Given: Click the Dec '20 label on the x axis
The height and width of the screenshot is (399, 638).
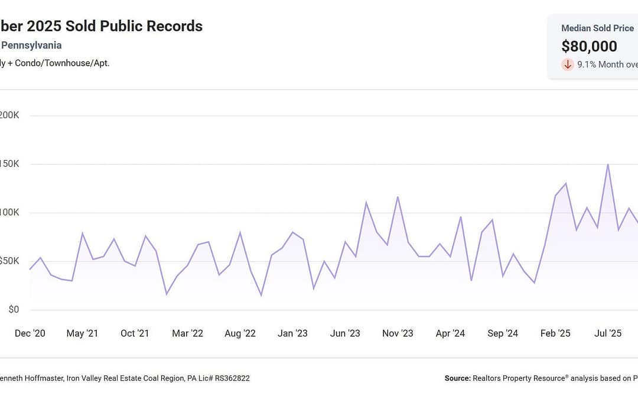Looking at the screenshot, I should (x=30, y=333).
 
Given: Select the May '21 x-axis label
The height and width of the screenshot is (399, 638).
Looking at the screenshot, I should (x=82, y=333).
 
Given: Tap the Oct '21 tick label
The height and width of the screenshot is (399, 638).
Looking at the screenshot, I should (x=135, y=333).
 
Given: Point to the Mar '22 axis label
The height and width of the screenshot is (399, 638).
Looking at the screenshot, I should (x=187, y=333).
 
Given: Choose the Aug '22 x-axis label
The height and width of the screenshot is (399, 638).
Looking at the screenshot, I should (x=240, y=333).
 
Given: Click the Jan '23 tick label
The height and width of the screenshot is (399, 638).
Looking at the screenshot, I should (x=292, y=333).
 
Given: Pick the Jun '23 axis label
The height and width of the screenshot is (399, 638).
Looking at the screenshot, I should (x=345, y=333).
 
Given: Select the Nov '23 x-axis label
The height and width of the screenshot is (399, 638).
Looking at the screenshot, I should (x=398, y=333).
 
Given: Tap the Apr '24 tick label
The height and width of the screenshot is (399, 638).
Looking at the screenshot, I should (x=450, y=333).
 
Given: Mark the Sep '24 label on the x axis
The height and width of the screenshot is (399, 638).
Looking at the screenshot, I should (x=503, y=333).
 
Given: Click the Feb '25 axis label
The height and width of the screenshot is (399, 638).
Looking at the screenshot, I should (x=555, y=333).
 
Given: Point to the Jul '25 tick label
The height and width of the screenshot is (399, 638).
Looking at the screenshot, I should (x=608, y=333).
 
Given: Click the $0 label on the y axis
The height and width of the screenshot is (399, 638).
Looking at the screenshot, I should (x=12, y=310).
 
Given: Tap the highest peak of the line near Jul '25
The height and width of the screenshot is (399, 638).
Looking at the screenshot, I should (x=608, y=164).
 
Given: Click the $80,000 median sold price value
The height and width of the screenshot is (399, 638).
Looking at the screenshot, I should (x=589, y=46).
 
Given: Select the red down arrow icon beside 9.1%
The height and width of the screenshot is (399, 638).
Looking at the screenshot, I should (x=568, y=64).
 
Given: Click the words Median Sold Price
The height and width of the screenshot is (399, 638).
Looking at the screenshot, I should (x=597, y=28).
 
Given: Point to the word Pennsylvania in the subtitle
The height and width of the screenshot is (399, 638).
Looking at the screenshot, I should (x=31, y=45).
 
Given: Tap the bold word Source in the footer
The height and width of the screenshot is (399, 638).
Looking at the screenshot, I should (x=457, y=378).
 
